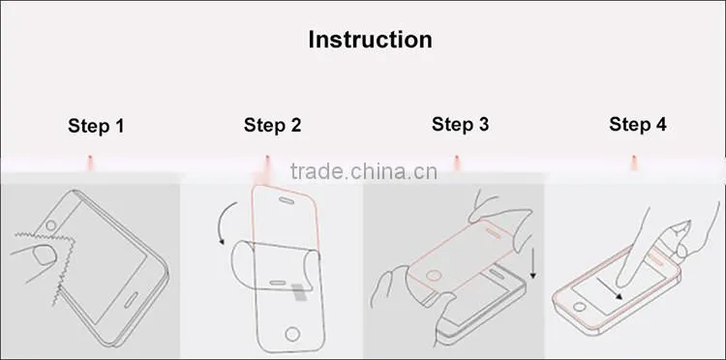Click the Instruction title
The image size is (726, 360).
point(370,40)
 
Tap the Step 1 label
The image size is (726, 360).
point(96,126)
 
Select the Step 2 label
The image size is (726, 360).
point(272,125)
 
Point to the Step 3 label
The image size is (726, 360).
point(460,124)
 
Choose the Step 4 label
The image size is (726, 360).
point(638,124)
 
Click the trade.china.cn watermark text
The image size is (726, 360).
point(363,171)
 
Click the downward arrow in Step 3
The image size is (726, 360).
point(533,263)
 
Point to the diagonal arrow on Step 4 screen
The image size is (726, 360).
point(609,288)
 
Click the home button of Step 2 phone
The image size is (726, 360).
point(292,334)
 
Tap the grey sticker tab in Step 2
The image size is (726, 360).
point(299,293)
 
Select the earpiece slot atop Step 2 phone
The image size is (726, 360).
point(286,200)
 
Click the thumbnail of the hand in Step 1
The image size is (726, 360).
point(45,255)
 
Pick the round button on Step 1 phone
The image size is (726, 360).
point(51,225)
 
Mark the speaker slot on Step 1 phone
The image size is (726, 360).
point(131,300)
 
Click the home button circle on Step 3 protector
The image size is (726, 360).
point(434,276)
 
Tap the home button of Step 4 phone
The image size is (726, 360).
point(579,307)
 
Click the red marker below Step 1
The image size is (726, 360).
point(90,162)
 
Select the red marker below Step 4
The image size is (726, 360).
point(634,162)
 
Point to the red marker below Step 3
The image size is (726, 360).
point(457,162)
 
